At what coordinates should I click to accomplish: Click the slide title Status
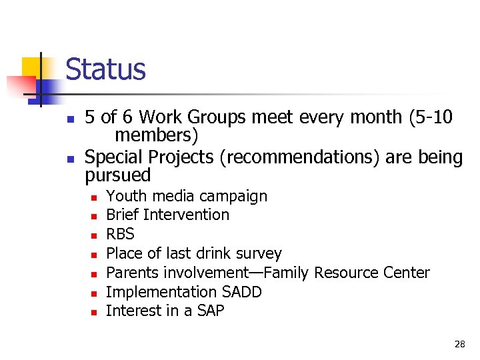(x=105, y=69)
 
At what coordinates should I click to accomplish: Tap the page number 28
(x=459, y=344)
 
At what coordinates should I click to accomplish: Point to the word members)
(x=156, y=136)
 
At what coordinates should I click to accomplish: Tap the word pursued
(x=118, y=175)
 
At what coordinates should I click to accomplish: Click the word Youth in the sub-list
(x=122, y=196)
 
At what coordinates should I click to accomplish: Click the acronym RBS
(x=120, y=234)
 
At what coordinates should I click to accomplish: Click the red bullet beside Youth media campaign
(x=95, y=197)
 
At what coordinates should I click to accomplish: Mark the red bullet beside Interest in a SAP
(x=95, y=312)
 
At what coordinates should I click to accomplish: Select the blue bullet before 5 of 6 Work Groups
(x=69, y=119)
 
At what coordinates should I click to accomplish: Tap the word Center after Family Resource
(x=407, y=273)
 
